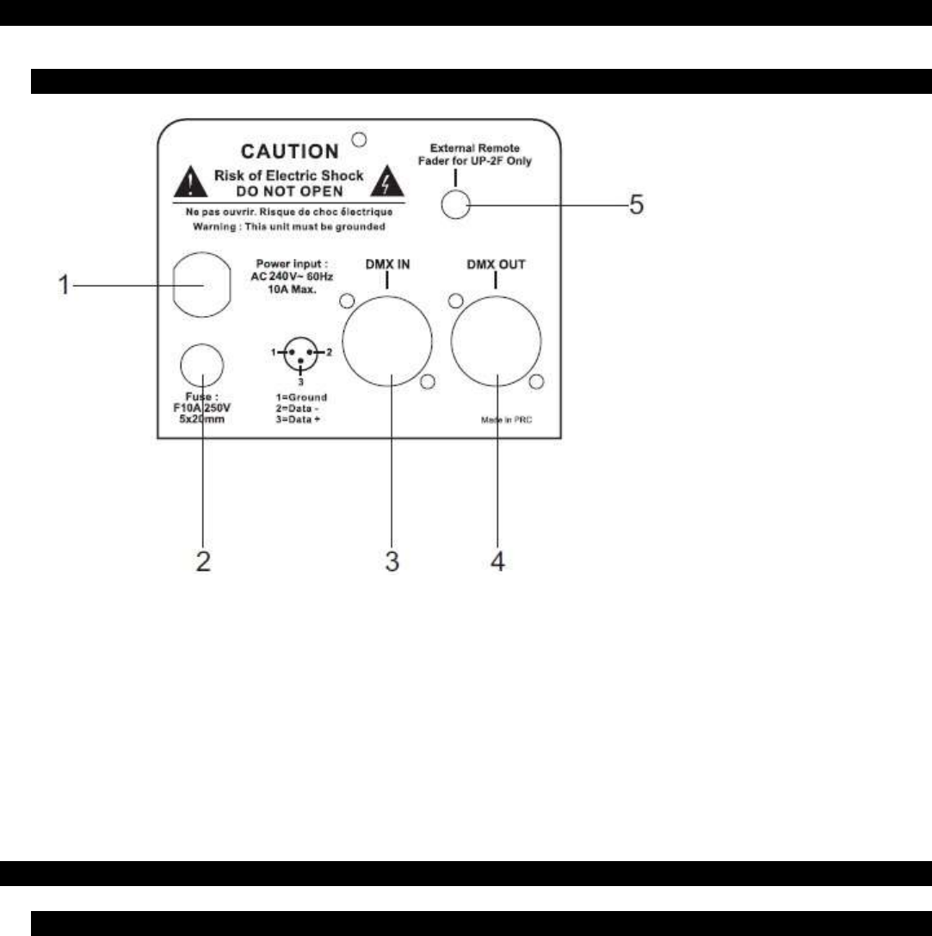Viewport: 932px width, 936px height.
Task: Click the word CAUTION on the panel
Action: [289, 152]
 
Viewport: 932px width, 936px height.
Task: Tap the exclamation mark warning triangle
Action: [185, 183]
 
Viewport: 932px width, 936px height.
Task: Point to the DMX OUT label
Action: [495, 265]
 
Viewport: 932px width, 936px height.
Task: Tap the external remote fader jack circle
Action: [455, 204]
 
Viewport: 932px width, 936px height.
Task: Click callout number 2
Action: [203, 561]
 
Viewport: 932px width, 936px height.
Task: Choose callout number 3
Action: [392, 561]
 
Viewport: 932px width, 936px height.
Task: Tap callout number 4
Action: [497, 561]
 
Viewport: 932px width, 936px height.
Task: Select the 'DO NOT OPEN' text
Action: [288, 191]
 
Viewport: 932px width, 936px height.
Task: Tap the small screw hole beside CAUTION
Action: [361, 139]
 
